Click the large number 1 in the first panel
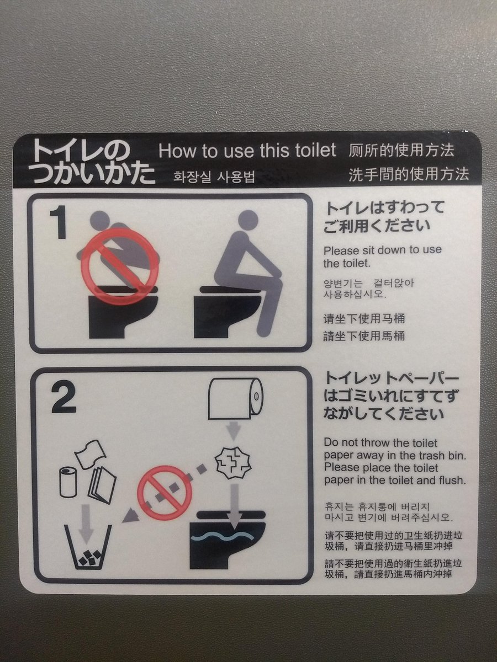[60, 222]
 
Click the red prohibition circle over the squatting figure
[120, 266]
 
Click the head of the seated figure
[248, 221]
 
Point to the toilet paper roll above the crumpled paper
[236, 398]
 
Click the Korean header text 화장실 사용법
[214, 177]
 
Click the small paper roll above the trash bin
[67, 482]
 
